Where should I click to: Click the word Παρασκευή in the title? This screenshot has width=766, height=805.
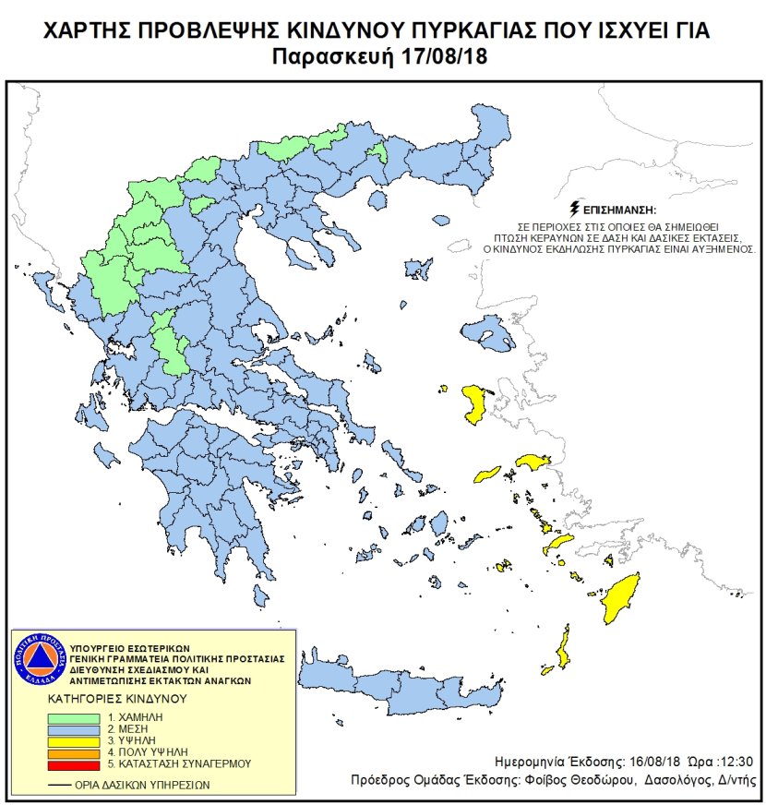335,57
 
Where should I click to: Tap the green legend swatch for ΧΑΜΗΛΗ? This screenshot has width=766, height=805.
78,717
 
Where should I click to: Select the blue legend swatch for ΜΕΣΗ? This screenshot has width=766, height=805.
78,729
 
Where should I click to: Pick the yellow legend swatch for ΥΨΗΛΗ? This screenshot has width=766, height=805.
78,741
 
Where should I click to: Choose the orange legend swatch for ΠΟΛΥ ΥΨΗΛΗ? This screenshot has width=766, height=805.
78,753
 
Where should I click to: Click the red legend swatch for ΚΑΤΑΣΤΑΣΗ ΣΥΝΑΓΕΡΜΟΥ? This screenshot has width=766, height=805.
78,764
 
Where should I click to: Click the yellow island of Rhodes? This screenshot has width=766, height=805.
622,598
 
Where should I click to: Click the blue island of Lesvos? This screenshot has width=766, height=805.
487,331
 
